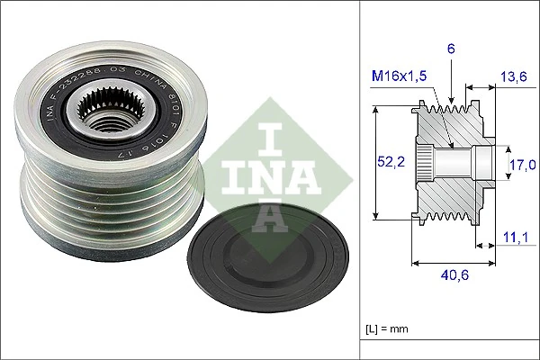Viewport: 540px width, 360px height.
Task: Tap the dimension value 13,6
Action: point(515,77)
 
